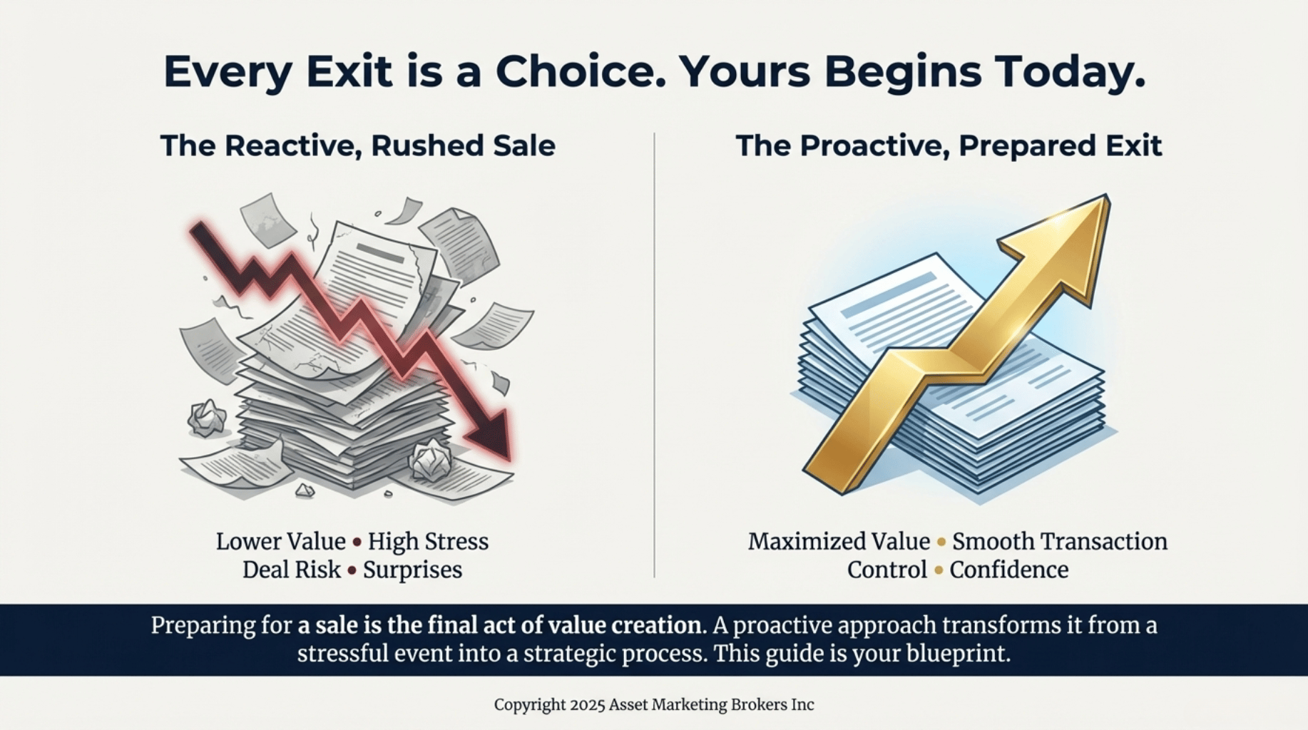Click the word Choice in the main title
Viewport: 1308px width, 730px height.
pos(576,71)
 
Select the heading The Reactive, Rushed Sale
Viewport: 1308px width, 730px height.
pos(358,145)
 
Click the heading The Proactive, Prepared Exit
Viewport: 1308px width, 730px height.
pos(949,145)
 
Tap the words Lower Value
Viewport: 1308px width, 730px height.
pos(281,542)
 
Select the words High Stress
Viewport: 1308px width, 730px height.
pos(428,542)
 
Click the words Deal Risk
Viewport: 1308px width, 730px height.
pos(292,570)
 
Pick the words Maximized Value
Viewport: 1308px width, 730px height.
pos(839,542)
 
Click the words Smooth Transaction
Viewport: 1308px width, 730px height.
pos(1060,542)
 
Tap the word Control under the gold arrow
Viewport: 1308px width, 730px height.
pos(887,570)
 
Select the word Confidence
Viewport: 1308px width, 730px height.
pos(1009,570)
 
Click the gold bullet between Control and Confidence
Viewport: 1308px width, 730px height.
pos(939,571)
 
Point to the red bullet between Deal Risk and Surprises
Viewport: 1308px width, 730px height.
pos(352,571)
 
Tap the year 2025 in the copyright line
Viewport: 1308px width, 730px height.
pos(587,705)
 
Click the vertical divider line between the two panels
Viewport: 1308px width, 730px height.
pos(654,355)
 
